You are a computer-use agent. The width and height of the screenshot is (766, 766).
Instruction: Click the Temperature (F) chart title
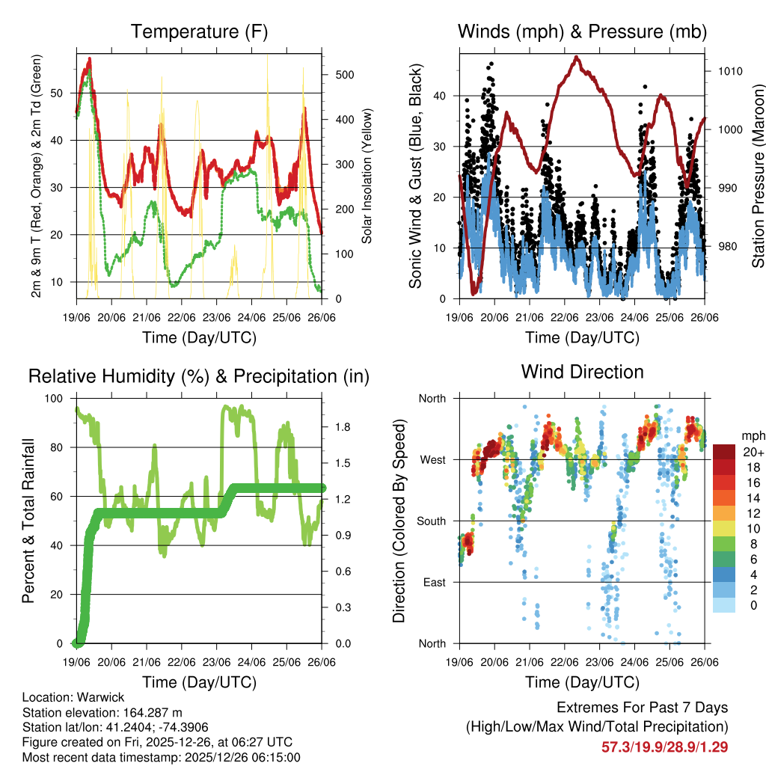[199, 31]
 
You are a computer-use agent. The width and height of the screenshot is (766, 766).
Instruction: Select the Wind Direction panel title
[582, 371]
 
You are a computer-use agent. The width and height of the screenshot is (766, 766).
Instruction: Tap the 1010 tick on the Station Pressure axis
[731, 72]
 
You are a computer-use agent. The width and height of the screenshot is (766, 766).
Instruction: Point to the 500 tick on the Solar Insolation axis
[344, 75]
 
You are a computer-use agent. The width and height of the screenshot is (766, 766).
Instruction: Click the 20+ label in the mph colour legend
[753, 452]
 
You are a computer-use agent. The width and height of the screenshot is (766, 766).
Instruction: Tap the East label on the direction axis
[433, 582]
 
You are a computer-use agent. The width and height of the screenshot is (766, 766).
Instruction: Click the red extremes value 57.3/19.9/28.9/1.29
[664, 747]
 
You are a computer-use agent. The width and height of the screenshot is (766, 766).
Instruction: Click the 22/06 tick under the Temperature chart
[182, 317]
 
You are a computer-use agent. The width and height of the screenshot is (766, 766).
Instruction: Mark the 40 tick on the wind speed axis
[441, 96]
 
